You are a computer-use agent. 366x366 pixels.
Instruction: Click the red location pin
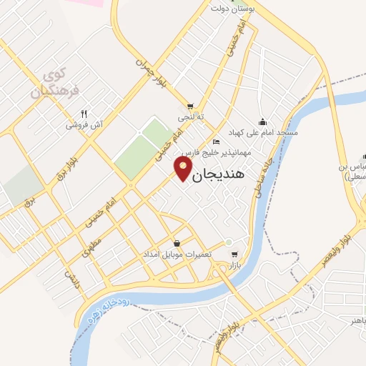183,169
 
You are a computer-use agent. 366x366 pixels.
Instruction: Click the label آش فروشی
85,124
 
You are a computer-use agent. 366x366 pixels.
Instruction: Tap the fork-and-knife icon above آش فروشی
84,113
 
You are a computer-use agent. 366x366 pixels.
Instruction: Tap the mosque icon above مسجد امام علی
262,121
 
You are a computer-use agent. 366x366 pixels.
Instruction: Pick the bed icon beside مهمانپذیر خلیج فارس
217,142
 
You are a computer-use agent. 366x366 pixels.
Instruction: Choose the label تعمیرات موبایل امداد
177,255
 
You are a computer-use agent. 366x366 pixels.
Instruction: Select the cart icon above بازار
234,254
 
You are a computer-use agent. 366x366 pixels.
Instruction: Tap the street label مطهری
91,247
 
